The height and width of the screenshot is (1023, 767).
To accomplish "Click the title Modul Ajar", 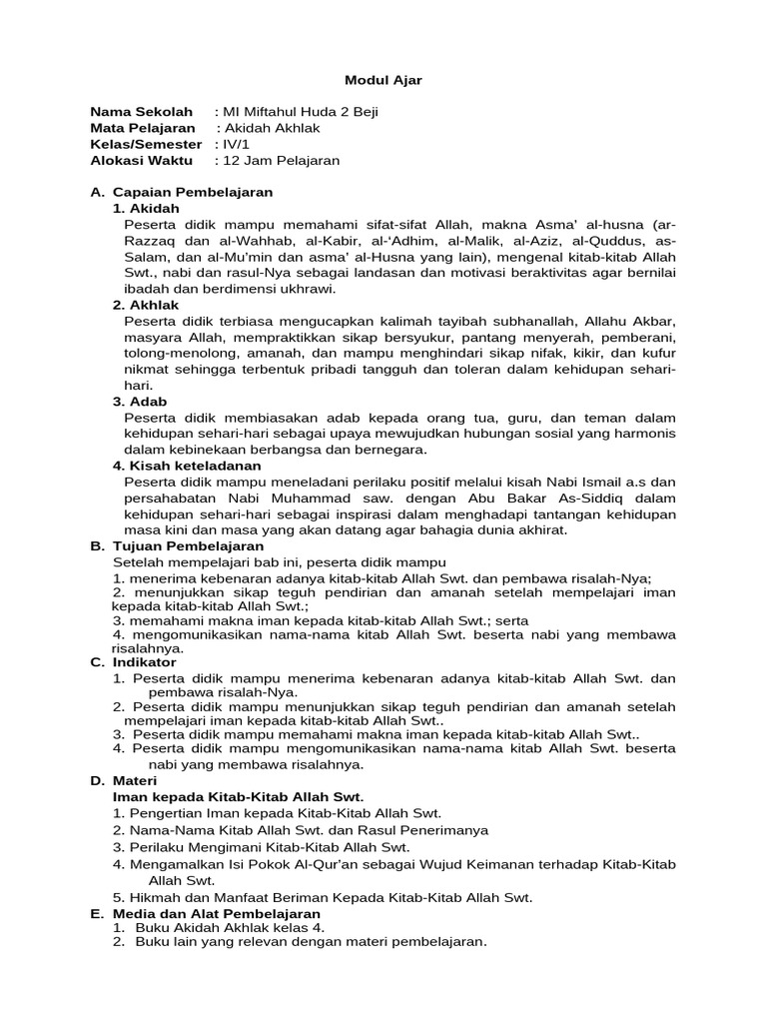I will coord(383,81).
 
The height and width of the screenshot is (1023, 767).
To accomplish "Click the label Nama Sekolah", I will coord(141,112).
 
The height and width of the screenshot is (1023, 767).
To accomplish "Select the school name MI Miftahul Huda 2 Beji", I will coord(301,112).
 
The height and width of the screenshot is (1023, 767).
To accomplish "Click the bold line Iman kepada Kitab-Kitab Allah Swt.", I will coord(239,796).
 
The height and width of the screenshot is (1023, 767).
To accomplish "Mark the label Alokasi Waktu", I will coord(140,160).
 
